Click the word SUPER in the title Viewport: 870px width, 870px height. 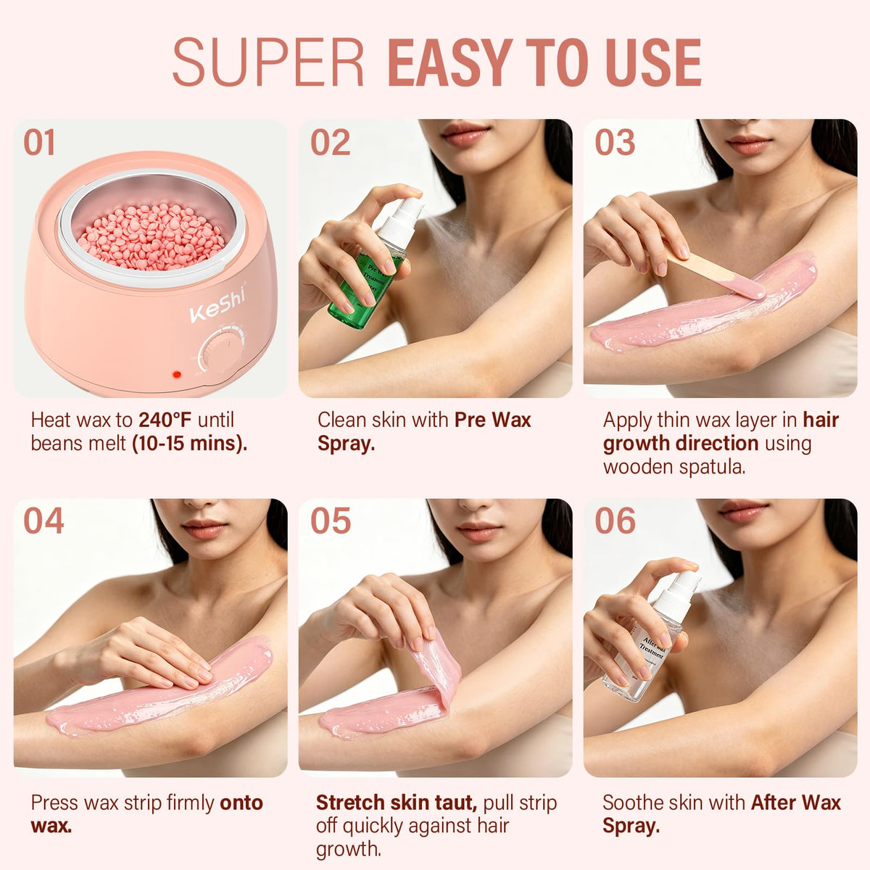tap(268, 62)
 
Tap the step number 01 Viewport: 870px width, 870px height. tap(39, 142)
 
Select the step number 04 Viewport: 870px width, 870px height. tap(43, 521)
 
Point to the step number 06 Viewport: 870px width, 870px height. tap(615, 521)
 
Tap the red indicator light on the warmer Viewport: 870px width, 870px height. tap(177, 374)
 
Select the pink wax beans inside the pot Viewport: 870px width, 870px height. tap(152, 236)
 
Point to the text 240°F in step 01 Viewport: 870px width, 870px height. tap(165, 420)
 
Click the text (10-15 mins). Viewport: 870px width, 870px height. tap(190, 444)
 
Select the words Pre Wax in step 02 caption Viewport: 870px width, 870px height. tap(492, 420)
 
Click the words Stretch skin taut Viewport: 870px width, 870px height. tap(397, 803)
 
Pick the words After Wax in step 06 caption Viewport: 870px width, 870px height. tap(796, 803)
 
